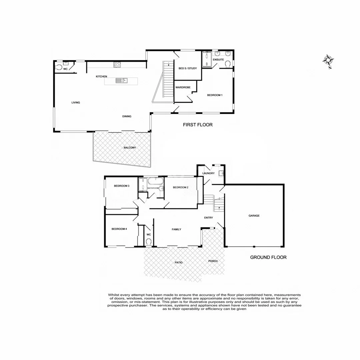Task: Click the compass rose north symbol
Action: [329, 61]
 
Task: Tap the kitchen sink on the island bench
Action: [121, 80]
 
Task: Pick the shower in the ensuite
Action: [207, 60]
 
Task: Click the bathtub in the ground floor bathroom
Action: [155, 182]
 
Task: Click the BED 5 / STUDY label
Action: [188, 68]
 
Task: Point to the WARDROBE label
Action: [183, 87]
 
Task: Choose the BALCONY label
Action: [129, 148]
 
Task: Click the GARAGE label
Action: [254, 216]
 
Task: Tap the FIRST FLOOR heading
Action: [198, 125]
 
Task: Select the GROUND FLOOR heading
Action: [268, 257]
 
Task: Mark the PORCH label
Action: [213, 261]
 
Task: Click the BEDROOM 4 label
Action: [119, 229]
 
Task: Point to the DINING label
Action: [127, 116]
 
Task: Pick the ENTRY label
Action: [209, 218]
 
